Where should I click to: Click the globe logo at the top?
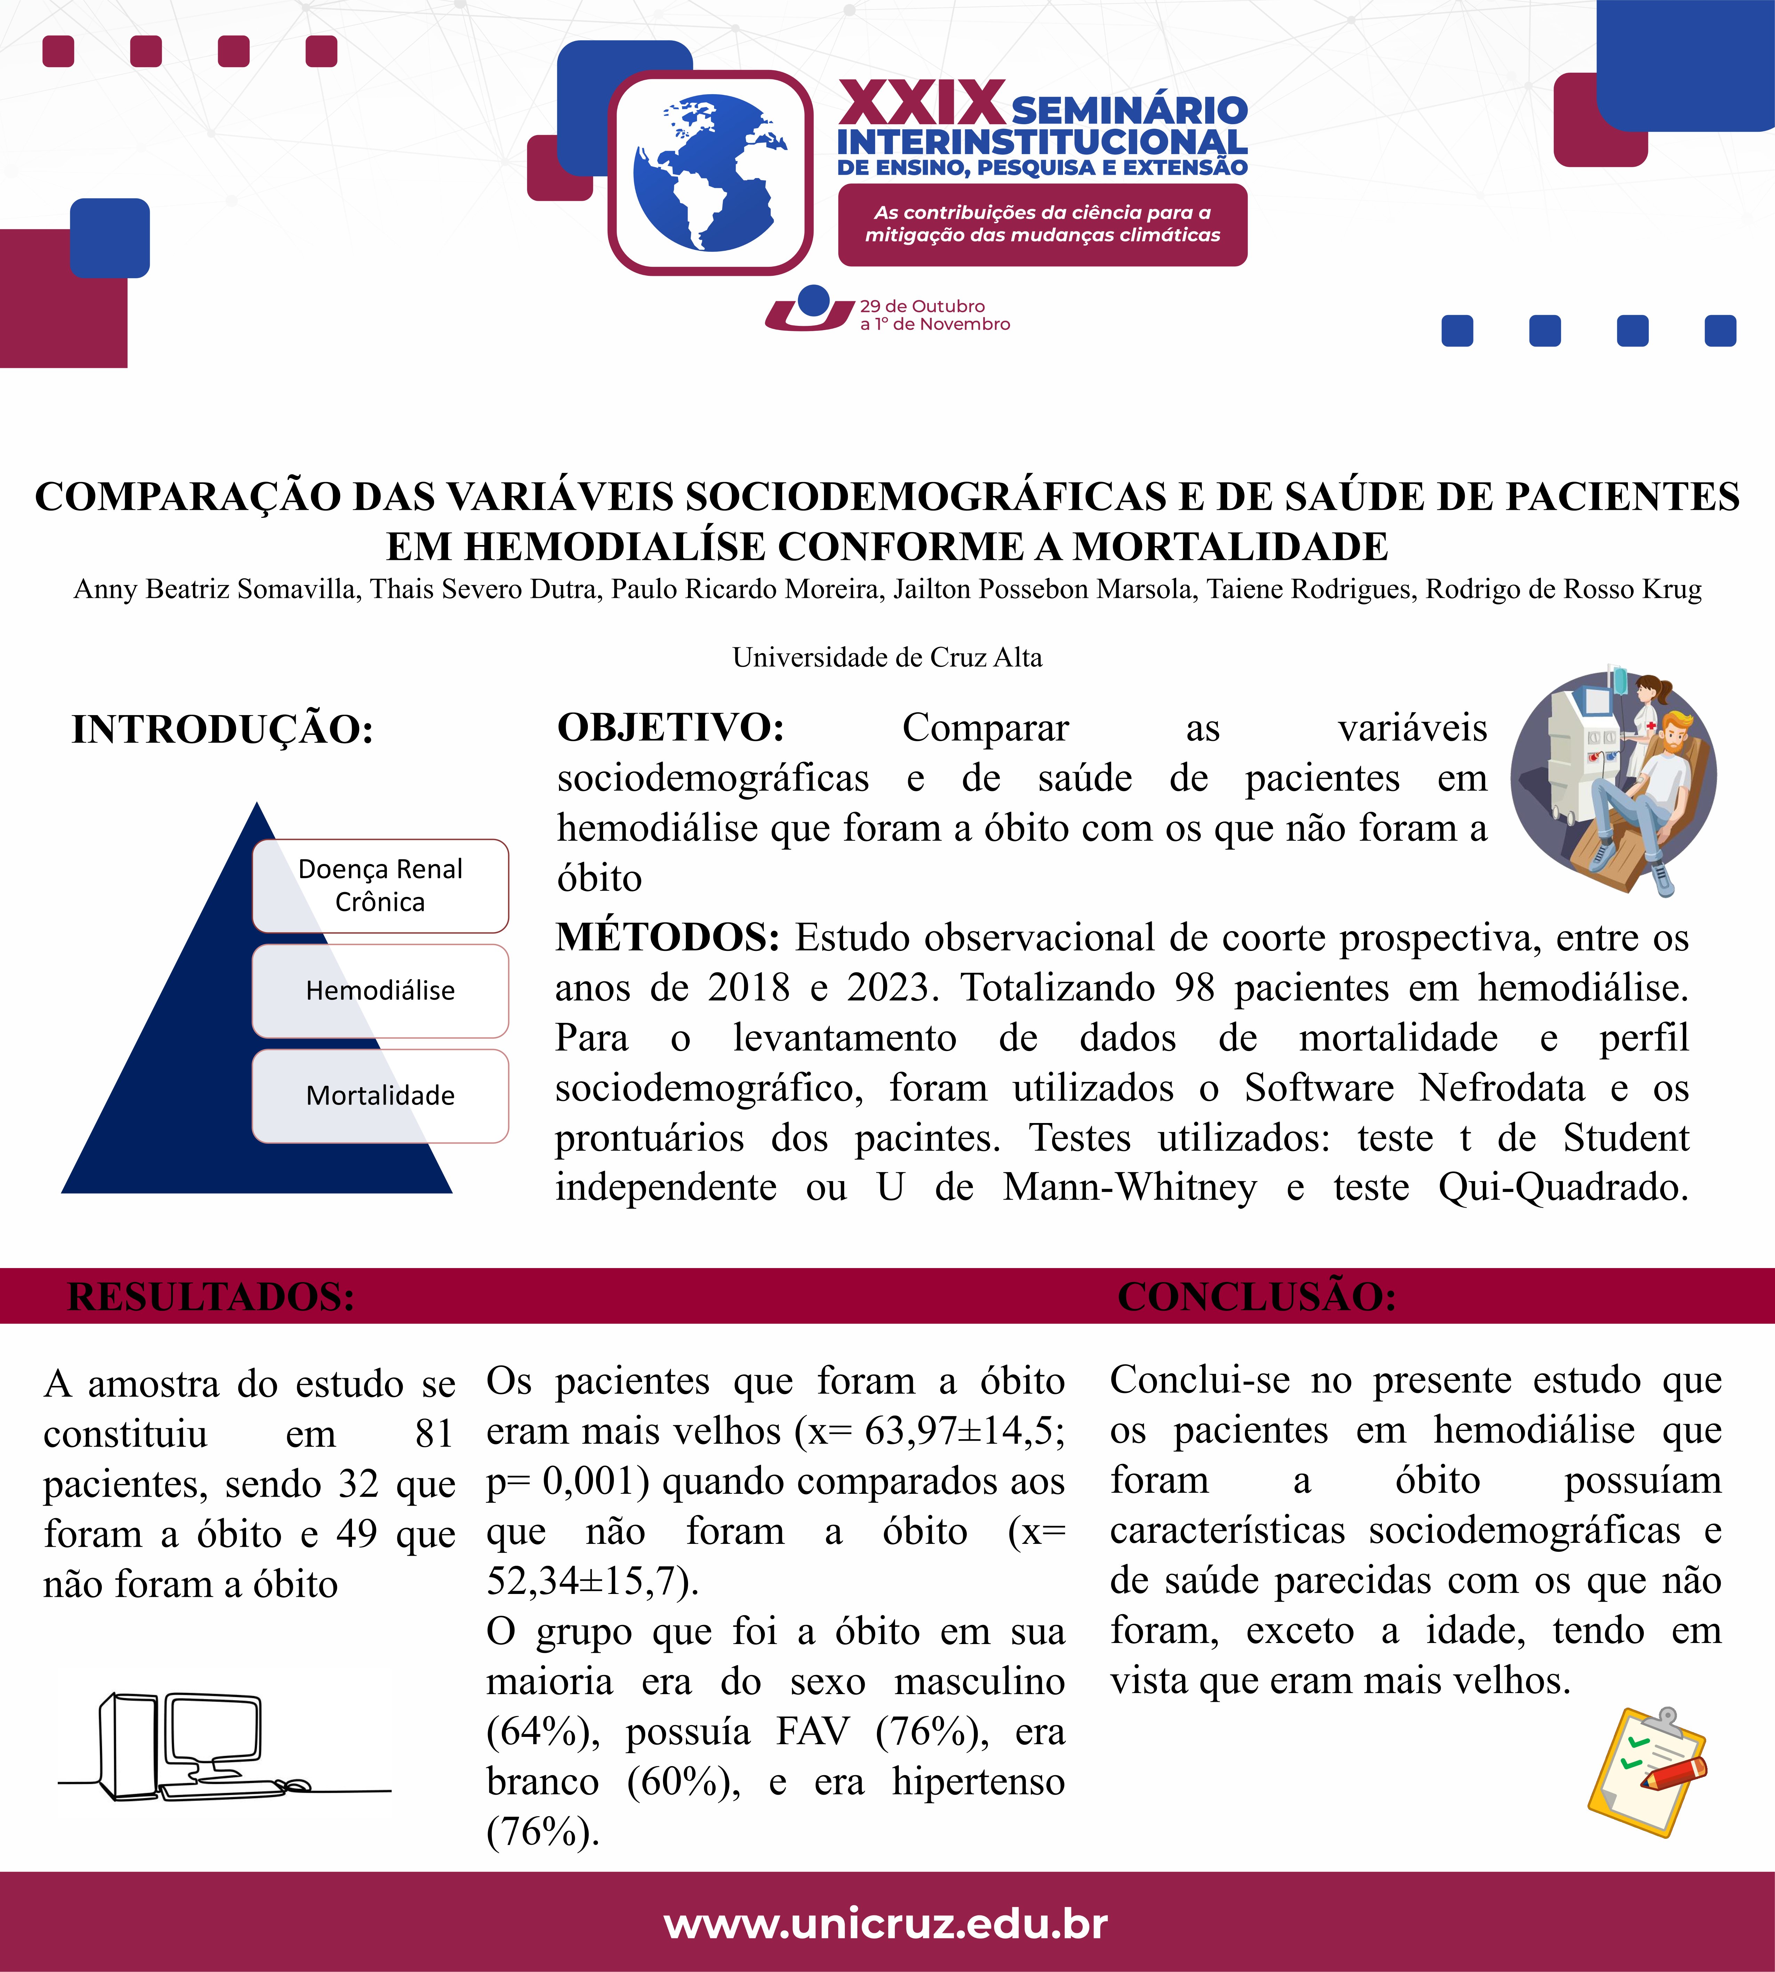pos(710,173)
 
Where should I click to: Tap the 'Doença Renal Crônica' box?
pos(381,885)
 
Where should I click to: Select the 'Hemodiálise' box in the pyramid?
pos(381,991)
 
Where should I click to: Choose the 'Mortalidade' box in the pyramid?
pos(381,1095)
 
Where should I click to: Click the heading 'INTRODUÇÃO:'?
pos(222,730)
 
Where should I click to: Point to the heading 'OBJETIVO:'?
pos(671,728)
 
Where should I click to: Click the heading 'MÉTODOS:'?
pos(667,937)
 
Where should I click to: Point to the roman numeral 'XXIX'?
pos(921,103)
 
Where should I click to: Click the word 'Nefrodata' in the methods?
pos(1502,1088)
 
